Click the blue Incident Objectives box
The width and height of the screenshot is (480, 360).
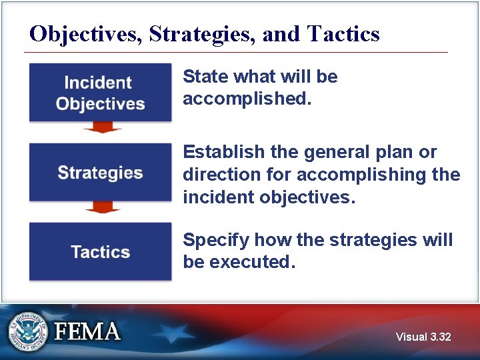click(100, 93)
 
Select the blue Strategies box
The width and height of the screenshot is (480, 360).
click(100, 172)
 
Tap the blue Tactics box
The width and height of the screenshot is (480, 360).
click(100, 251)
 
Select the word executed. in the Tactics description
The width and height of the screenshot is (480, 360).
click(252, 262)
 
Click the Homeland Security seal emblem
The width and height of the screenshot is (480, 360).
click(27, 331)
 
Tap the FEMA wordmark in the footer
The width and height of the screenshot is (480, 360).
click(87, 332)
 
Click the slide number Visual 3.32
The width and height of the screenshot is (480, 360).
click(423, 337)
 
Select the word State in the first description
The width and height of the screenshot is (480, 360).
click(201, 77)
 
